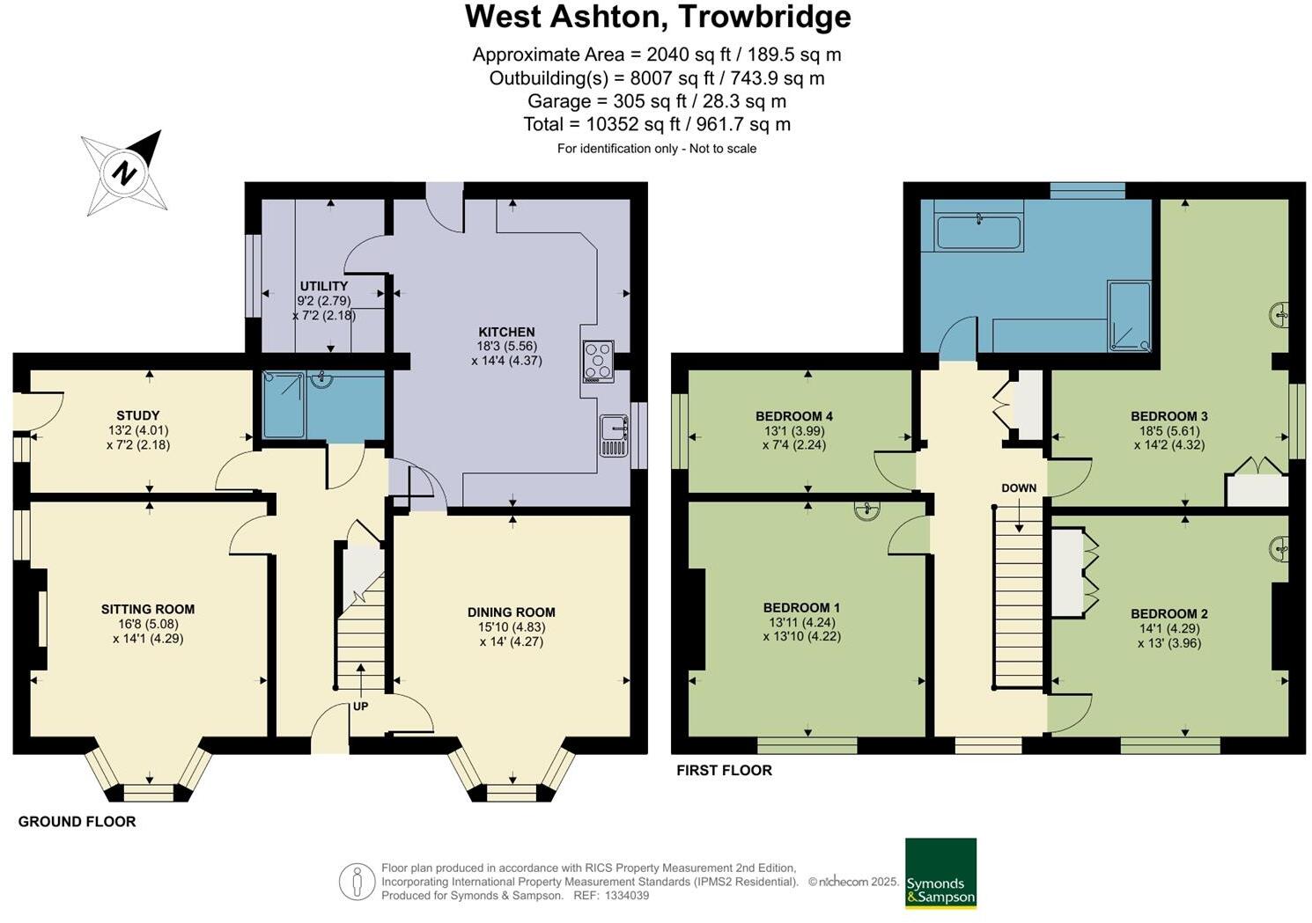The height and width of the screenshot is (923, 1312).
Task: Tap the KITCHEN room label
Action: [506, 332]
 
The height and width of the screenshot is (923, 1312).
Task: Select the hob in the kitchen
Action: [599, 361]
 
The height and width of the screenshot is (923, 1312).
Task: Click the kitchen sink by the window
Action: [613, 435]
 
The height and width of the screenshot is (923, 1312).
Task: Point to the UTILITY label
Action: [323, 286]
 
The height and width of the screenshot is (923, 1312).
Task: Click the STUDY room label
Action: [138, 415]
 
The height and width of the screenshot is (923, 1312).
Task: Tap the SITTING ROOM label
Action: [148, 609]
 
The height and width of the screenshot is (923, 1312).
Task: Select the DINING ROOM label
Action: [512, 612]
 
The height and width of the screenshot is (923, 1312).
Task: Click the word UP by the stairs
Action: [360, 706]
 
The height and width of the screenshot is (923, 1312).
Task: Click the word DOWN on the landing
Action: [1019, 488]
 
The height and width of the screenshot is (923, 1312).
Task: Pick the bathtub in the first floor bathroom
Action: [978, 233]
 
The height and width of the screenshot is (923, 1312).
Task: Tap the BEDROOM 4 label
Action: [793, 416]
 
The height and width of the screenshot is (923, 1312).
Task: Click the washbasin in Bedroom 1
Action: [868, 509]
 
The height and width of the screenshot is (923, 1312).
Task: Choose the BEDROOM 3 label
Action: [1168, 416]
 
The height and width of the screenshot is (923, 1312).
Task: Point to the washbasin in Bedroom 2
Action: [1280, 550]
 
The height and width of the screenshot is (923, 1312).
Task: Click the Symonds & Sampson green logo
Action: [940, 873]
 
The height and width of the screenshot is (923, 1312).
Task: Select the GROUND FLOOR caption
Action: [77, 822]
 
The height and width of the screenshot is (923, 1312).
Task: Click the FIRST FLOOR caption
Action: [724, 771]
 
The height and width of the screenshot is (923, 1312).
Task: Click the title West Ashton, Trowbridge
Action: [658, 17]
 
